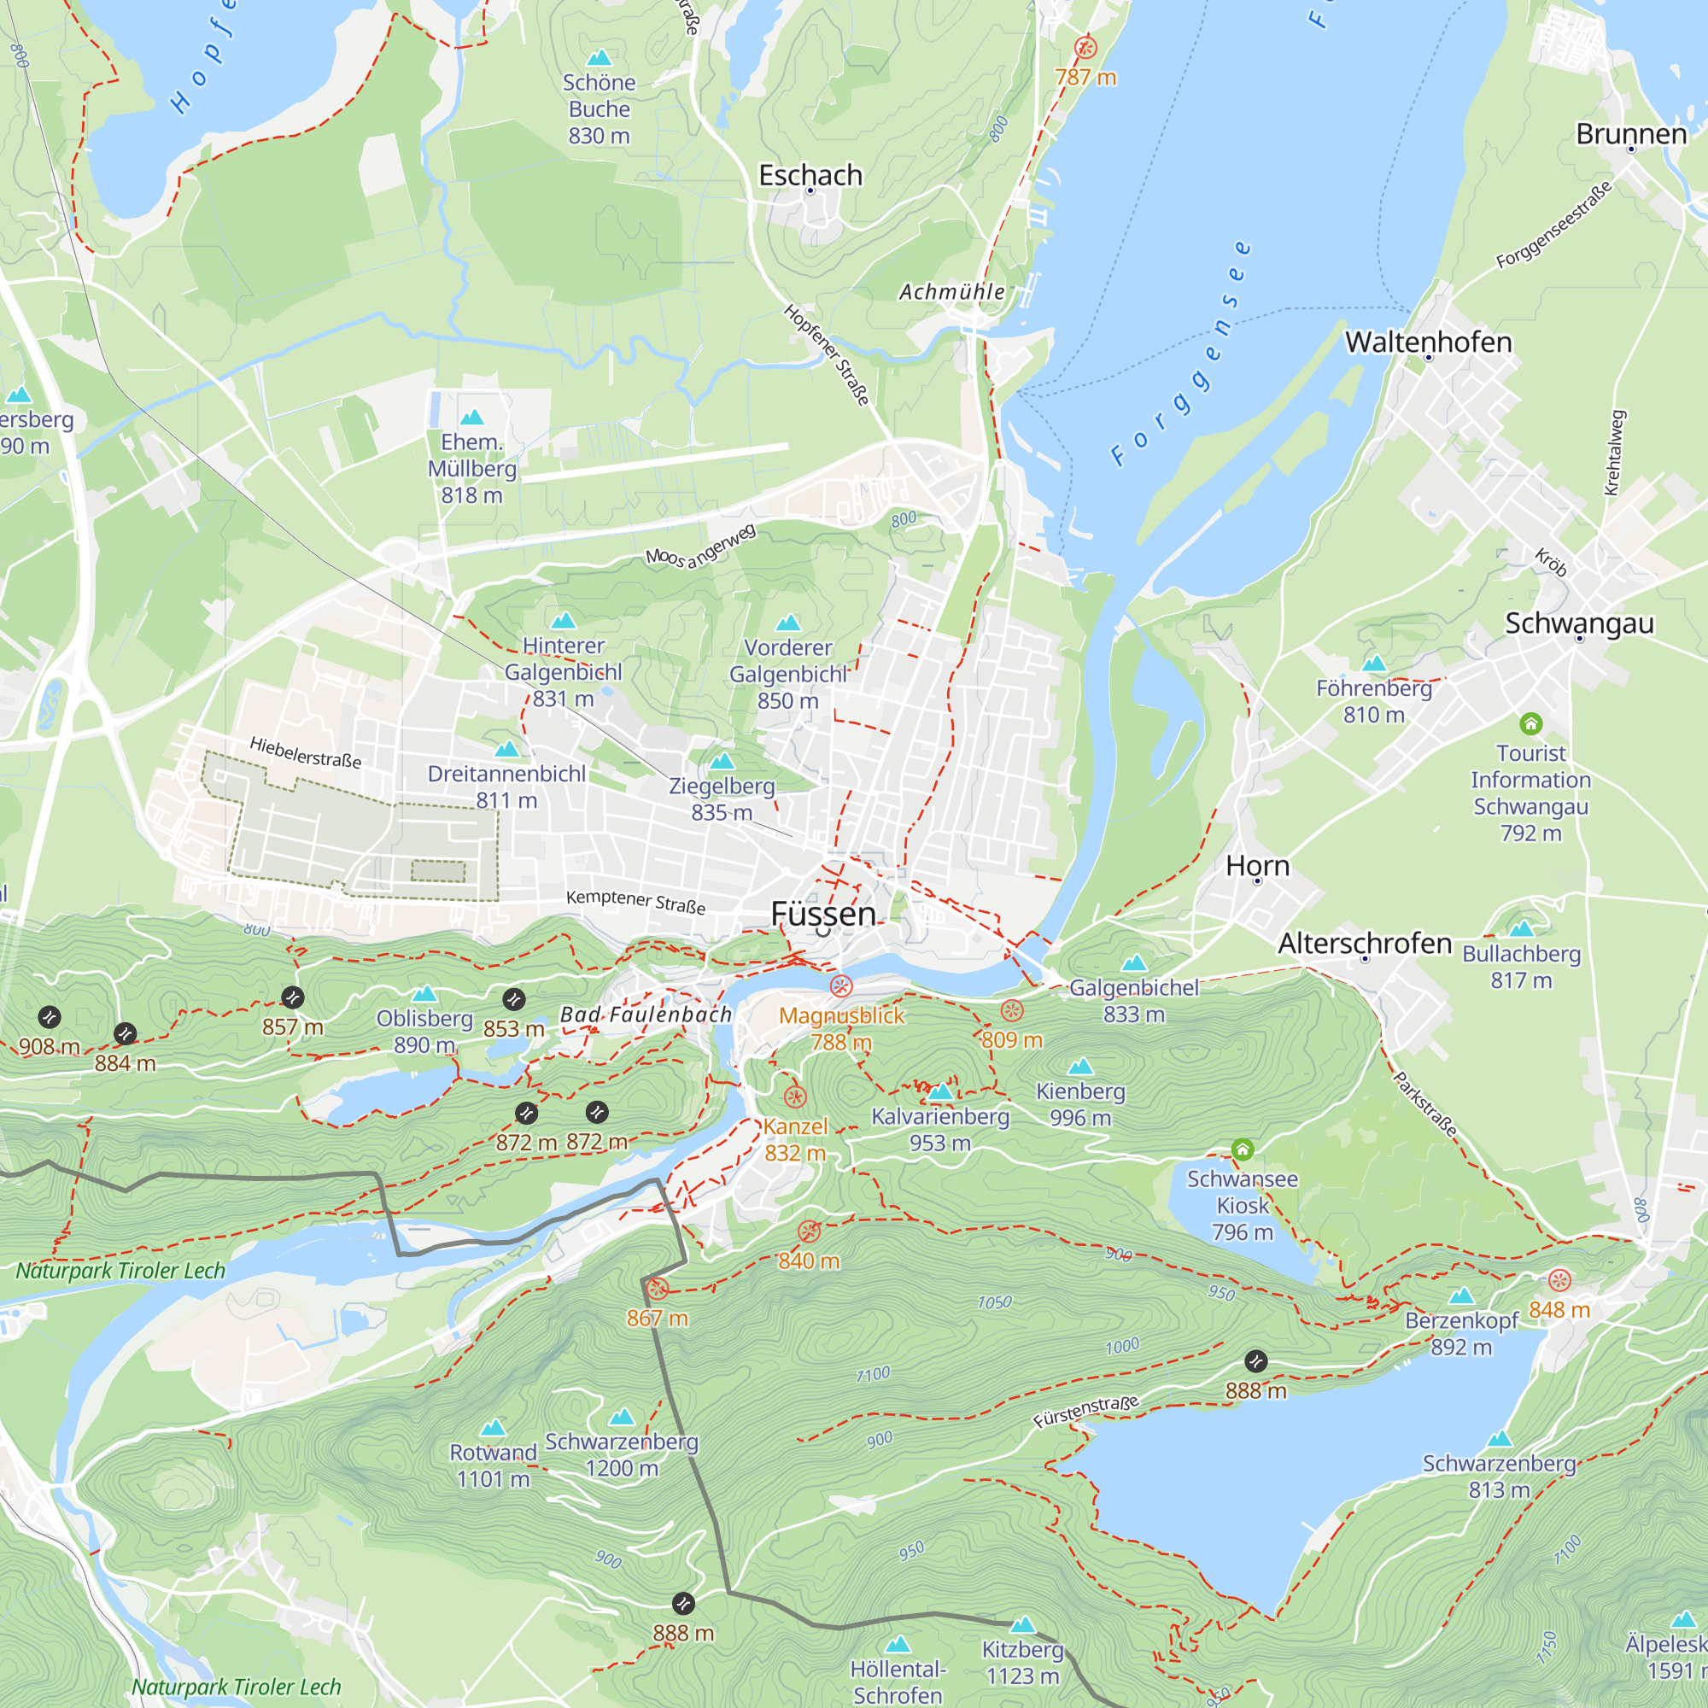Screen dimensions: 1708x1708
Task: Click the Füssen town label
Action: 823,913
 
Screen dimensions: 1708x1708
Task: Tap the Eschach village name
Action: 810,175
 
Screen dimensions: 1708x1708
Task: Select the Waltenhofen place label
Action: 1428,342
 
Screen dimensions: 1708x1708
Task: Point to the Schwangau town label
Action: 1579,623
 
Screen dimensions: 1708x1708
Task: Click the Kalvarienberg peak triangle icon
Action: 939,1091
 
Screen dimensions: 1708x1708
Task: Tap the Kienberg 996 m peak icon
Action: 1080,1067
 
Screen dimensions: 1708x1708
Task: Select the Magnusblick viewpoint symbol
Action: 840,986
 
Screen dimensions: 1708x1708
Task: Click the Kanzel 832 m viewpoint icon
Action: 795,1098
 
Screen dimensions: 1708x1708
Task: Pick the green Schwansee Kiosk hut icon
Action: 1242,1150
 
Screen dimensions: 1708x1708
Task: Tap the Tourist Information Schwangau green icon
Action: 1530,725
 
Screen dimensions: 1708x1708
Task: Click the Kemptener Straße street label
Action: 635,902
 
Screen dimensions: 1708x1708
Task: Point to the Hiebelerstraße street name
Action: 305,752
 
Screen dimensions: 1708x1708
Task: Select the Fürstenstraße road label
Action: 1085,1411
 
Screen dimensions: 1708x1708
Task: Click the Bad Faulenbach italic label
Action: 646,1015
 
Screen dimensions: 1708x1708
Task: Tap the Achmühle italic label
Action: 951,292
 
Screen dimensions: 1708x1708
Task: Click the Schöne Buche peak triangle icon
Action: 600,58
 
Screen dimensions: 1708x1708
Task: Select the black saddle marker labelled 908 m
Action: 50,1018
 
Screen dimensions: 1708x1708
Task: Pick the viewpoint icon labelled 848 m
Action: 1559,1280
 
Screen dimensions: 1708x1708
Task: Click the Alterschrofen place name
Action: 1364,944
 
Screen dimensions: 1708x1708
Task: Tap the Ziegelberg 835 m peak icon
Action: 722,761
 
